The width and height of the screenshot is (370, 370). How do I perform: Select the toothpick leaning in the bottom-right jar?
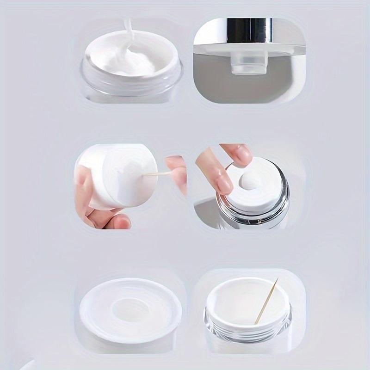[x=266, y=301]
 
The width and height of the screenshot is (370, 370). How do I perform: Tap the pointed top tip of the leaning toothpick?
[x=277, y=279]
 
